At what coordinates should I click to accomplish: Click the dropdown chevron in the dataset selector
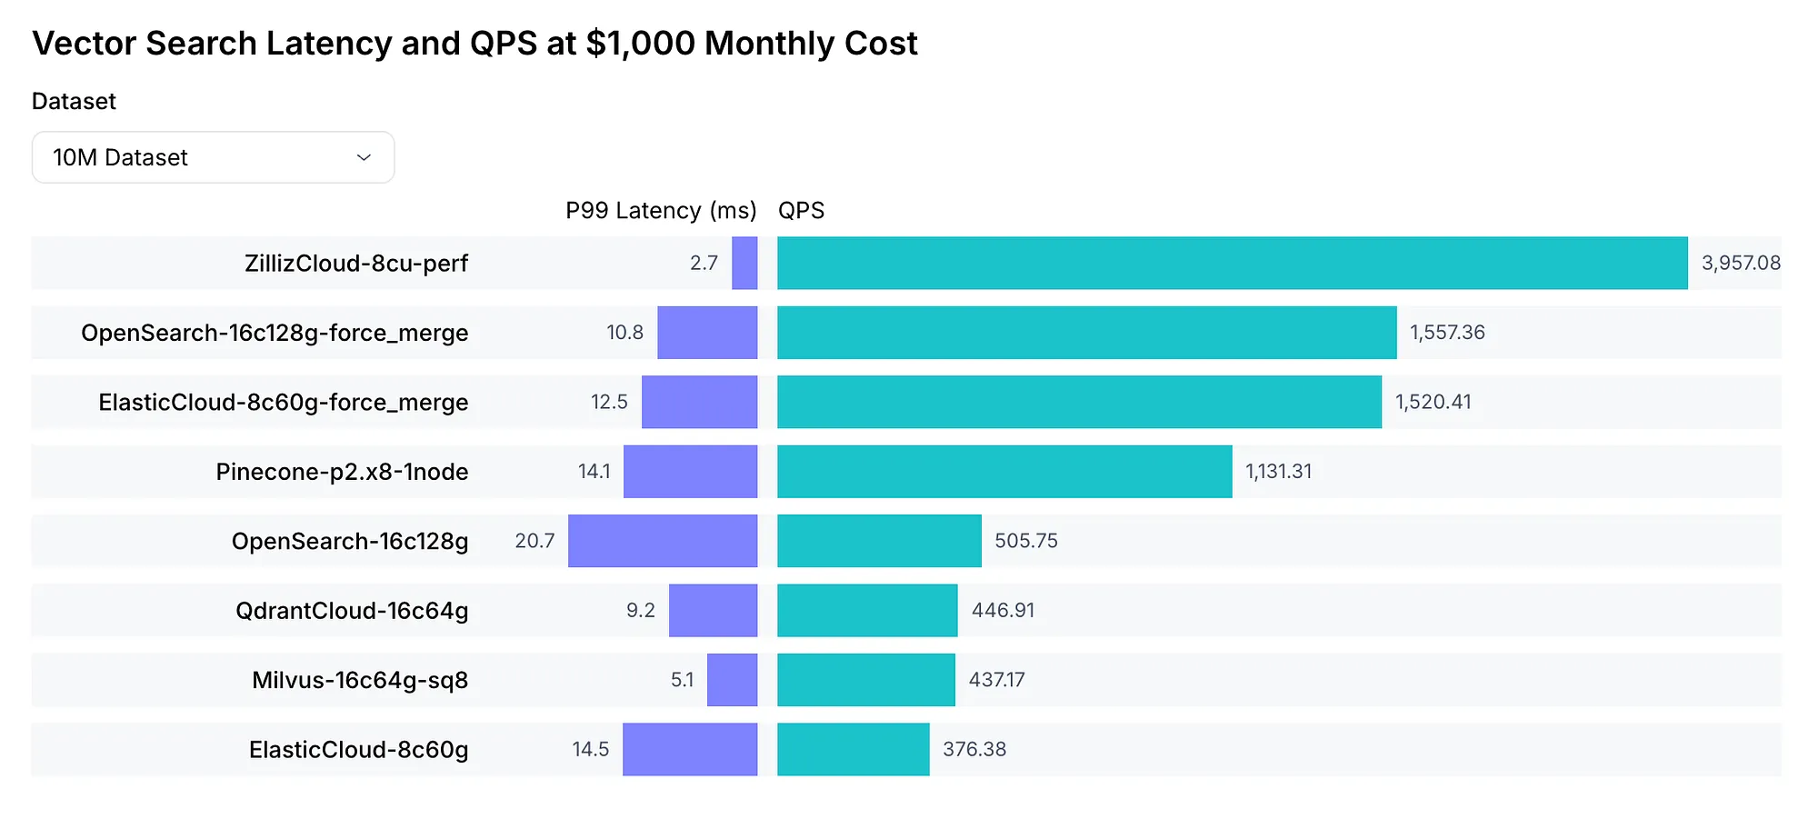click(x=364, y=158)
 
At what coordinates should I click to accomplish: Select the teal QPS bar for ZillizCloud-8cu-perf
click(x=1232, y=264)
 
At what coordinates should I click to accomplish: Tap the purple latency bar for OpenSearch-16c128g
click(x=663, y=541)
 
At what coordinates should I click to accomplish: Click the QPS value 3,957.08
click(x=1741, y=264)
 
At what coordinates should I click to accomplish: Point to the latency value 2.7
click(x=704, y=264)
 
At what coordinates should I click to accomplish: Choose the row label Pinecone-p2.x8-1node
click(x=342, y=472)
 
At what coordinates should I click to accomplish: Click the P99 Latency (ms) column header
click(x=661, y=211)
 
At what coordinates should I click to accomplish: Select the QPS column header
click(x=801, y=211)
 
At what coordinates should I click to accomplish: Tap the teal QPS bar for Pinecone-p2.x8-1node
click(x=1004, y=472)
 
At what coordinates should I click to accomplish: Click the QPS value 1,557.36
click(x=1447, y=333)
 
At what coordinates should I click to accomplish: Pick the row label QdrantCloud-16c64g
click(x=352, y=611)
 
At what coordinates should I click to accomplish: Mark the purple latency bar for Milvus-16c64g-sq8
click(x=732, y=680)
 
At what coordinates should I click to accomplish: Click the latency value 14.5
click(x=590, y=750)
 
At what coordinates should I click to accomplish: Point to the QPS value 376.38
click(x=974, y=750)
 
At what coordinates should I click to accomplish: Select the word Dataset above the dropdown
click(x=74, y=101)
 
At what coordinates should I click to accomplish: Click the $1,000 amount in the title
click(x=640, y=44)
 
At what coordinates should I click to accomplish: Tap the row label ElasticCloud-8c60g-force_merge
click(x=284, y=403)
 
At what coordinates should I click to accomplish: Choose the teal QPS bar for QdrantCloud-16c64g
click(x=867, y=611)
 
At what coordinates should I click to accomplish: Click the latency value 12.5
click(x=609, y=403)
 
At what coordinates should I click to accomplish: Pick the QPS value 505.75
click(x=1026, y=541)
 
